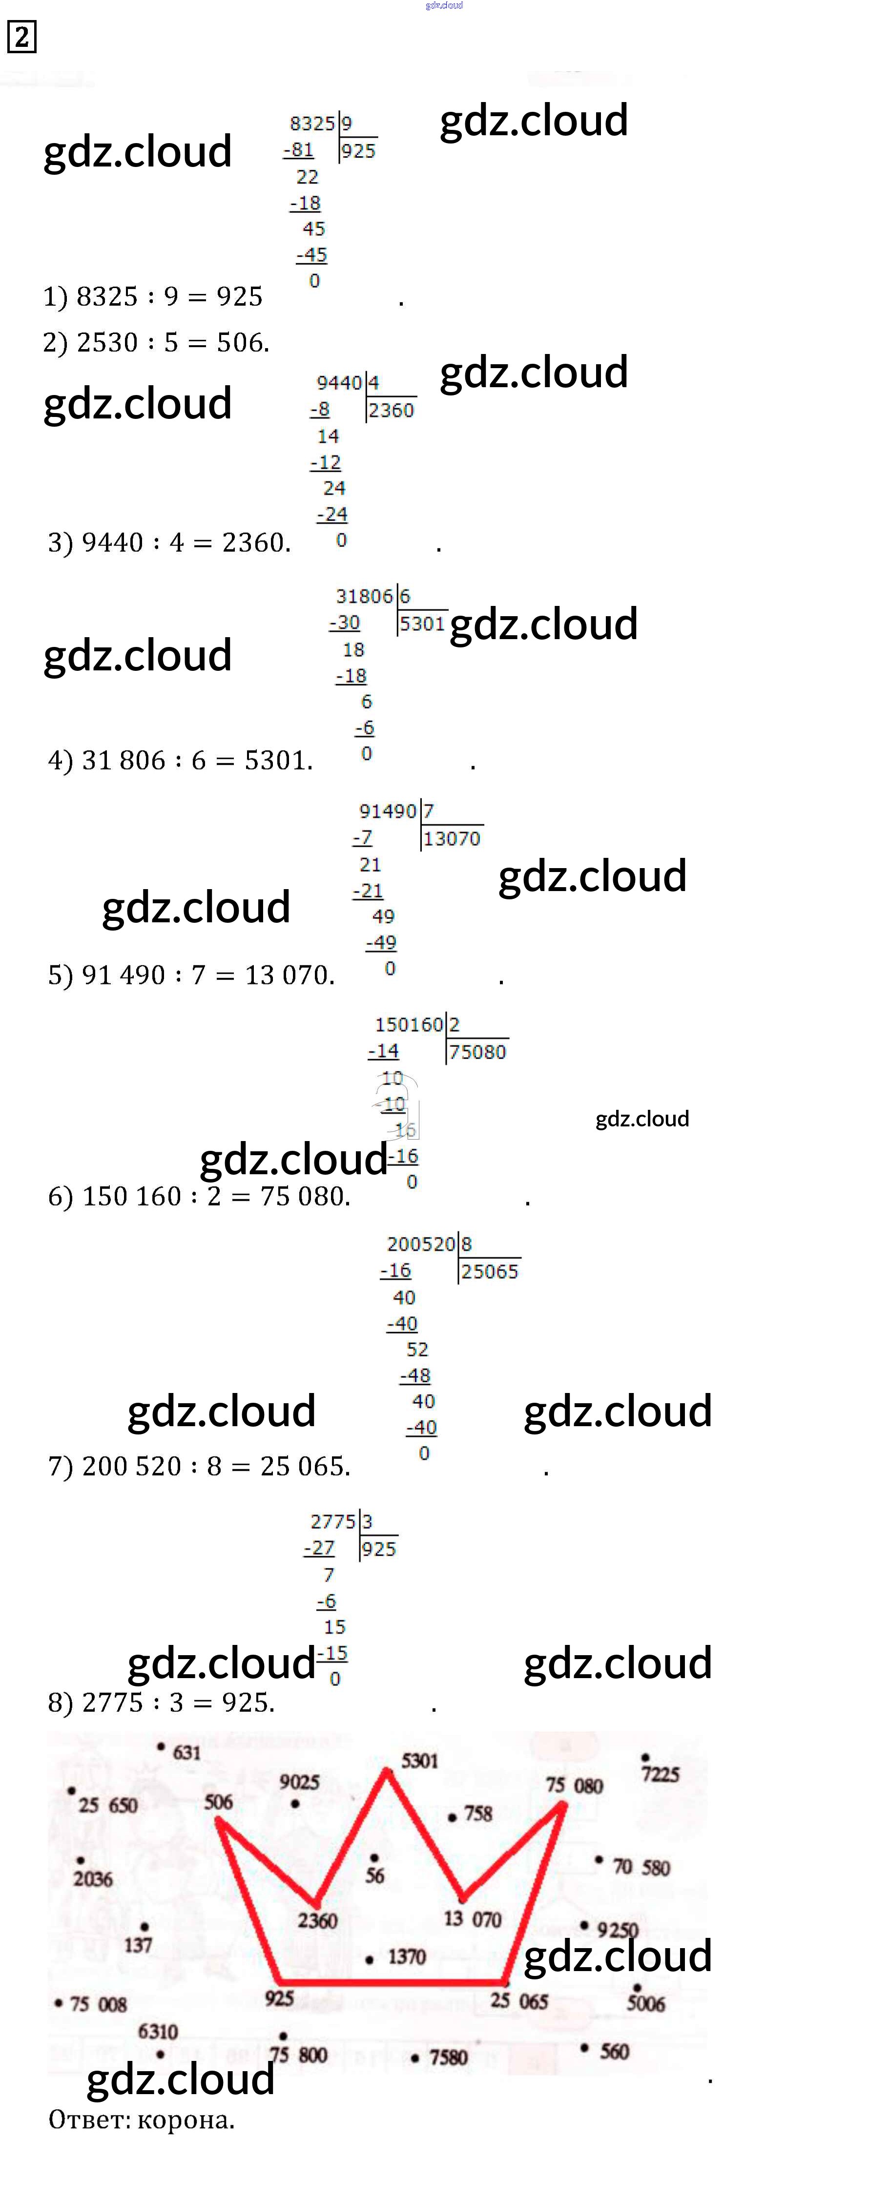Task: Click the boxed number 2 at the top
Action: (x=21, y=37)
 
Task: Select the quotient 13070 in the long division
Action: (x=452, y=839)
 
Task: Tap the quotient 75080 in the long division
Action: (x=478, y=1052)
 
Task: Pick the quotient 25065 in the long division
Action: (x=490, y=1272)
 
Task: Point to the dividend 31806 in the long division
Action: (x=364, y=596)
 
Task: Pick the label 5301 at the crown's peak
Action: (x=420, y=1761)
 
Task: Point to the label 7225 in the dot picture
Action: (x=660, y=1774)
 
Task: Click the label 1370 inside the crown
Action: (x=407, y=1957)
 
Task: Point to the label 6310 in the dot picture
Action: (x=158, y=2031)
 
